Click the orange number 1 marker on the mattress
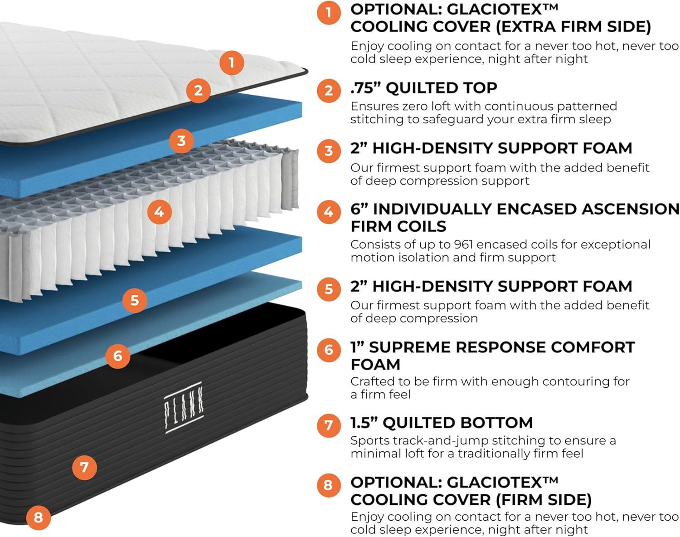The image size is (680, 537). coord(232,63)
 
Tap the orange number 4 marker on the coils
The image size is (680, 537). coord(159,211)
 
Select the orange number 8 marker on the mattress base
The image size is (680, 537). coord(38,517)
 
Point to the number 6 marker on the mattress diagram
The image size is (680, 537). coord(117,356)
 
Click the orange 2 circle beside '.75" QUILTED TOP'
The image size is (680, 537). coord(329,90)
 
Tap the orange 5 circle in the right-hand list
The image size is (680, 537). coord(329,289)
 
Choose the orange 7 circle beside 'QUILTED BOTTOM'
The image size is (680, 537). coord(329,425)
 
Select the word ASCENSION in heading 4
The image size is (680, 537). coord(631,209)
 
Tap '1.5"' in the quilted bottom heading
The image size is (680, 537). coord(364,422)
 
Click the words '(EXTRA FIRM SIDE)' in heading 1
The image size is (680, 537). coord(573,27)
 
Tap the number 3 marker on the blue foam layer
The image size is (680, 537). coord(181,141)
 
